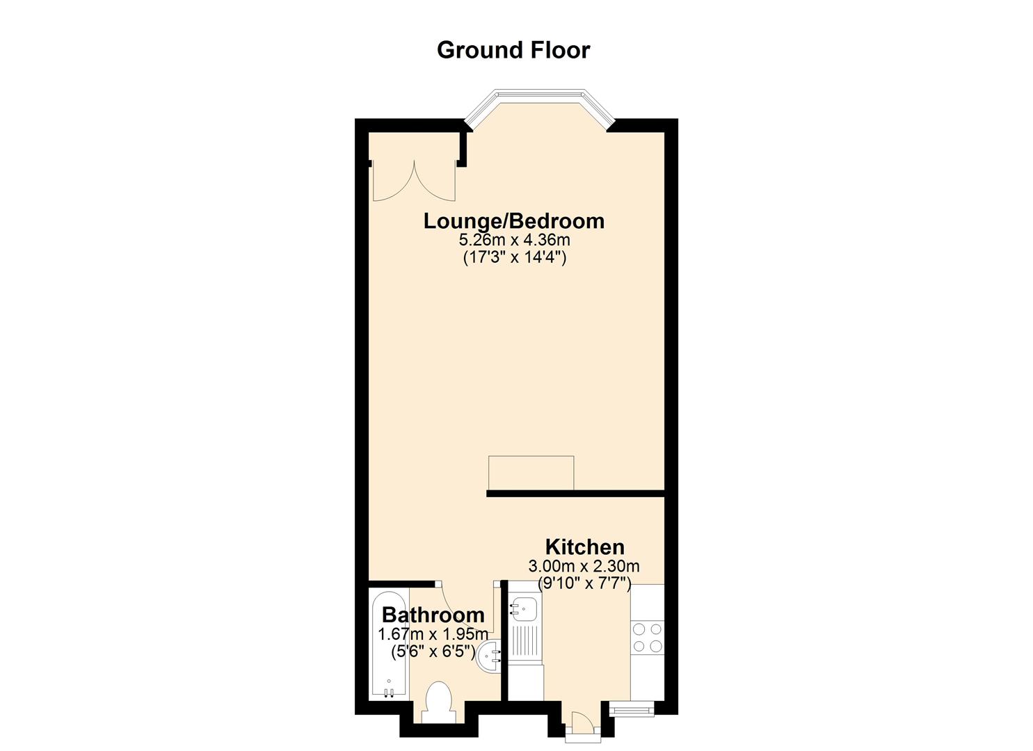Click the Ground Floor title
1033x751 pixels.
click(x=513, y=50)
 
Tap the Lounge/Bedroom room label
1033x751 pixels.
click(x=514, y=222)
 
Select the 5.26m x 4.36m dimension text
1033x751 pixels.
click(x=514, y=240)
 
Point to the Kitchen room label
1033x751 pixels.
click(x=585, y=547)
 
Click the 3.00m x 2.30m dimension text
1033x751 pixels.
click(x=584, y=565)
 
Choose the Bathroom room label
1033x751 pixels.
click(x=433, y=615)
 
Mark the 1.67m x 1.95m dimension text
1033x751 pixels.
click(x=433, y=634)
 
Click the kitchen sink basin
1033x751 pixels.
click(x=524, y=611)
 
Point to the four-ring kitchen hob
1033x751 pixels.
click(x=647, y=638)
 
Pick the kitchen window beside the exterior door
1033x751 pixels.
click(x=632, y=708)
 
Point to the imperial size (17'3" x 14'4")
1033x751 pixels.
click(x=514, y=257)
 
